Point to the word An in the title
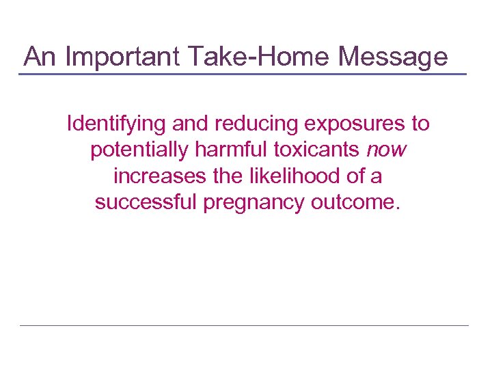(x=40, y=56)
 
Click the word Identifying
(x=117, y=124)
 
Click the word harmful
(x=229, y=150)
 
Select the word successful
(x=146, y=203)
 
